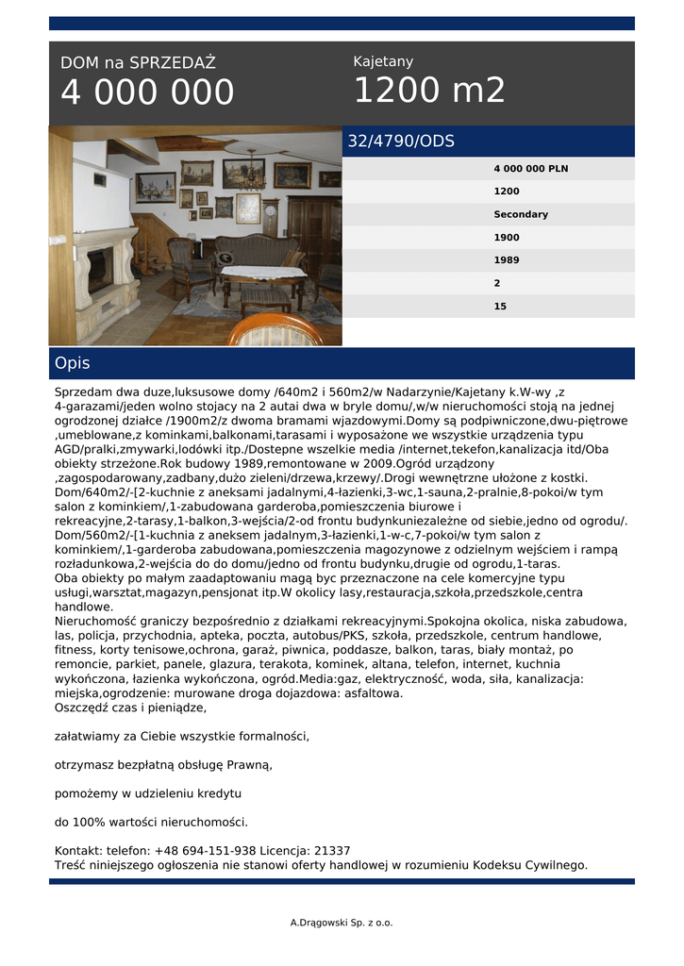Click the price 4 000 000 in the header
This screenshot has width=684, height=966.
tap(147, 92)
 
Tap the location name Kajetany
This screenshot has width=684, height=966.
tap(383, 61)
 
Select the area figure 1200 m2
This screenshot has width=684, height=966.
tap(429, 91)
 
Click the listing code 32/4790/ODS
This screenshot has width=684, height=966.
tap(401, 142)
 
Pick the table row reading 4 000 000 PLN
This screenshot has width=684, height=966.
tap(530, 169)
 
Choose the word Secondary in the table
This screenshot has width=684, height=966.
tap(520, 214)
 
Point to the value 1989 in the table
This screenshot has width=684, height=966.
tap(507, 260)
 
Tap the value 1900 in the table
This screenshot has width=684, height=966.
tap(507, 238)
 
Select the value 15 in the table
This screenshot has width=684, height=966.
tap(500, 307)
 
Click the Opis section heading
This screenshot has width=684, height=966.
tap(73, 363)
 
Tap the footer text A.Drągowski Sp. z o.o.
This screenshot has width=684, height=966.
tap(342, 923)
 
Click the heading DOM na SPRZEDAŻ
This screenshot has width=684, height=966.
tap(138, 63)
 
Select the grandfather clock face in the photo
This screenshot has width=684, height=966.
tap(271, 209)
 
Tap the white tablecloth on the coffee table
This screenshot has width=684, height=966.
tap(263, 272)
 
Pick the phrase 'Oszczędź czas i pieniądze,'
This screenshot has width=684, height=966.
tap(130, 707)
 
